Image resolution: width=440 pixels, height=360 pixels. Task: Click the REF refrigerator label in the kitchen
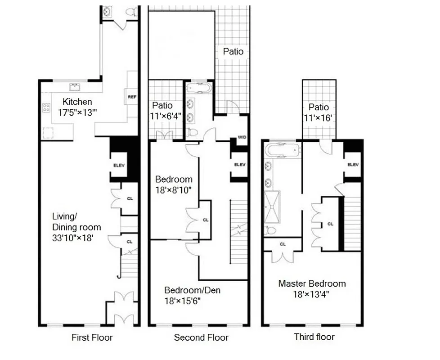(x=132, y=97)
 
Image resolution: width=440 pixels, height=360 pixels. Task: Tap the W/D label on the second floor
(x=242, y=137)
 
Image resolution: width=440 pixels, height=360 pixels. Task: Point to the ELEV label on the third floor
(x=353, y=165)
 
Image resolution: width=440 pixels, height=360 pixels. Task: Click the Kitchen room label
(x=77, y=102)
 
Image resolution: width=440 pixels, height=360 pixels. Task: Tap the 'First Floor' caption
(x=92, y=337)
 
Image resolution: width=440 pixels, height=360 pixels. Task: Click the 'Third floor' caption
(x=314, y=337)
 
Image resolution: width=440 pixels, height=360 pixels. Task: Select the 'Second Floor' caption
(x=201, y=337)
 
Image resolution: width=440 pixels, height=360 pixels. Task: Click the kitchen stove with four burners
(x=46, y=108)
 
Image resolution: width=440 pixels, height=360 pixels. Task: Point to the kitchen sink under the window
(x=73, y=86)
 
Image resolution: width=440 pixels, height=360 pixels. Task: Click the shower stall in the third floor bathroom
(x=271, y=207)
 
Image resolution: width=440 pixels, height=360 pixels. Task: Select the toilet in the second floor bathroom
(x=192, y=132)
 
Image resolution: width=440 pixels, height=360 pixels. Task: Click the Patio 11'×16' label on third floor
(x=319, y=112)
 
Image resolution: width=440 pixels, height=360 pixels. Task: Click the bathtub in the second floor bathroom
(x=198, y=87)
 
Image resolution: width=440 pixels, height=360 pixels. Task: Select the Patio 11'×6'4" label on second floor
(x=166, y=110)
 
